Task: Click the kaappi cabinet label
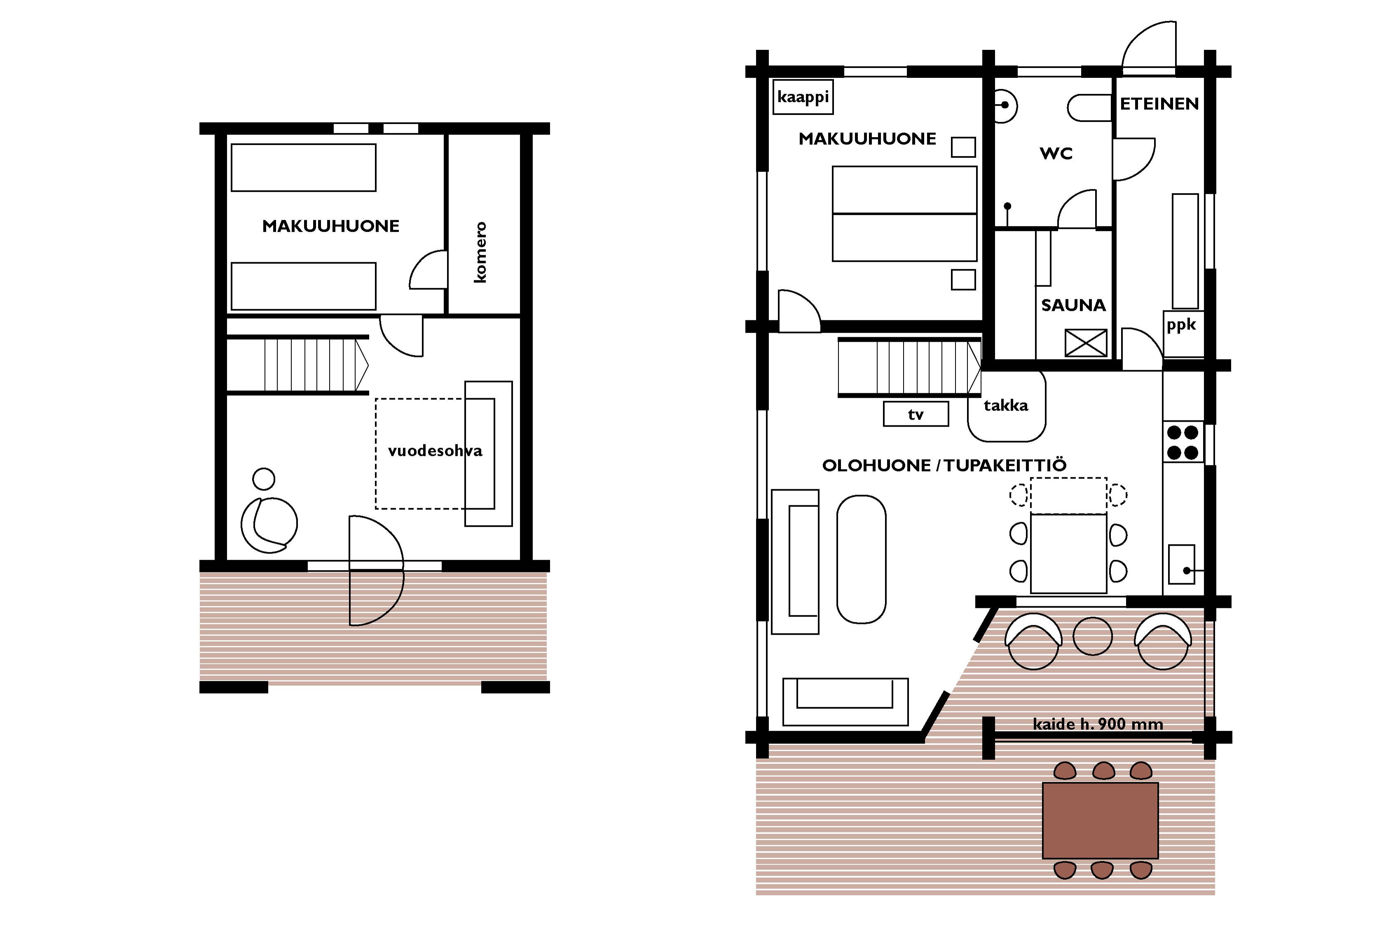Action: (x=803, y=96)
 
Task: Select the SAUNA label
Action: (x=1073, y=305)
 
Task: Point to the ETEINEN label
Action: (x=1159, y=104)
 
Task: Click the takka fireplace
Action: (x=1007, y=406)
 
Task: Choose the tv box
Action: (x=916, y=414)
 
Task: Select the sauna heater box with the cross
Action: (x=1085, y=343)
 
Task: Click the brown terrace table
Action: (x=1100, y=821)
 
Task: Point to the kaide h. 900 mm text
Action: (x=1098, y=724)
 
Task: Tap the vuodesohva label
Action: (x=435, y=451)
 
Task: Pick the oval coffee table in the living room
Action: (x=861, y=559)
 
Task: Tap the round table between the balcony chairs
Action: (x=1092, y=636)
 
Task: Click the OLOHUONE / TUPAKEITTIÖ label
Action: (x=944, y=465)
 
